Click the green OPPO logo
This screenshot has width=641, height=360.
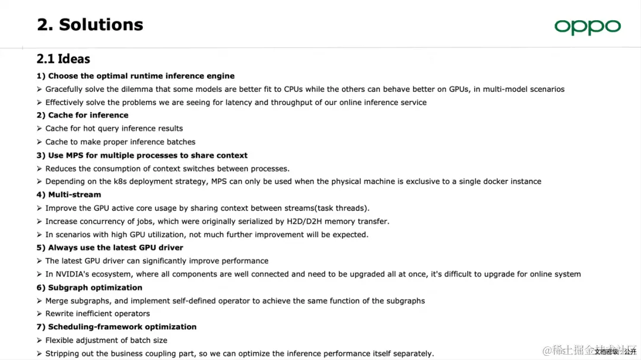coord(587,27)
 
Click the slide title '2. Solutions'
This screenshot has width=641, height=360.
coord(90,24)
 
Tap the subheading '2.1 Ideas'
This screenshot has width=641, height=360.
coord(64,59)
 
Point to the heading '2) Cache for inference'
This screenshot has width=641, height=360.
coord(82,115)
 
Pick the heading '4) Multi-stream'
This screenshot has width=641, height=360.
coord(69,195)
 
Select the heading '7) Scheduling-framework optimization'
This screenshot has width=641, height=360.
coord(116,327)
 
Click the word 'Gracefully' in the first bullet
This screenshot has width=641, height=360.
coord(65,89)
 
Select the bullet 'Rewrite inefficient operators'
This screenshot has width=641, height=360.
coord(98,313)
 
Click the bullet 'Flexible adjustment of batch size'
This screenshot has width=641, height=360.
coord(106,340)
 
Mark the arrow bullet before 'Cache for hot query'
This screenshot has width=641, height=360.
coord(39,129)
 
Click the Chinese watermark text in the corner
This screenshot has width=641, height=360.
coord(588,351)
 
